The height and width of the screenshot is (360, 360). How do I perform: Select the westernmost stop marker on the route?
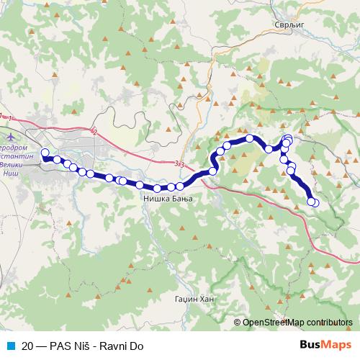tap(45, 153)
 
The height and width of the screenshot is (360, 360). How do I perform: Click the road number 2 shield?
tap(94, 131)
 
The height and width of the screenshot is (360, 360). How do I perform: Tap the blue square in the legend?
tap(10, 346)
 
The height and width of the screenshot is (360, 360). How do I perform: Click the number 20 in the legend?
tap(27, 346)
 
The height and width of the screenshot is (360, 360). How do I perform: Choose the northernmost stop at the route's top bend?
tap(249, 138)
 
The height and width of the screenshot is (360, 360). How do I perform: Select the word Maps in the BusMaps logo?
tap(336, 345)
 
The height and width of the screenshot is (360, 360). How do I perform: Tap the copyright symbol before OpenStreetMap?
tap(238, 323)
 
